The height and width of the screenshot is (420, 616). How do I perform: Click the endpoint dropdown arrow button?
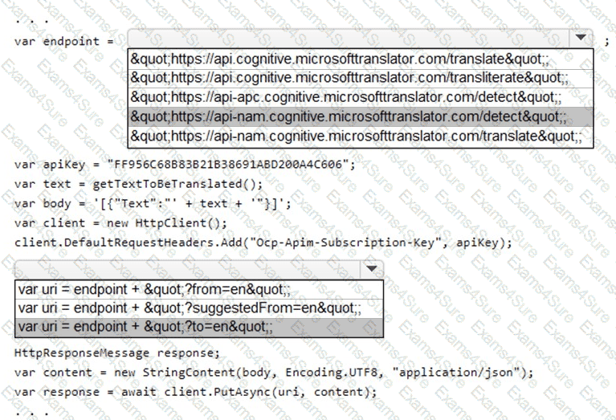(579, 38)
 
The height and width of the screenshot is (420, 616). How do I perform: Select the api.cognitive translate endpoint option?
(338, 59)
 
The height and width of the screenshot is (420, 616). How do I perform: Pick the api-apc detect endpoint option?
(345, 97)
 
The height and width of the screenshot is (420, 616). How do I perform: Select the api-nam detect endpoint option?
(348, 117)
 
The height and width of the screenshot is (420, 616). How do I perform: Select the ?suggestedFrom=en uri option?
(189, 308)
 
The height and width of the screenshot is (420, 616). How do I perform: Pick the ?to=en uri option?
(145, 327)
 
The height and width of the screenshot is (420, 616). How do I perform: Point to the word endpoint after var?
(71, 40)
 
